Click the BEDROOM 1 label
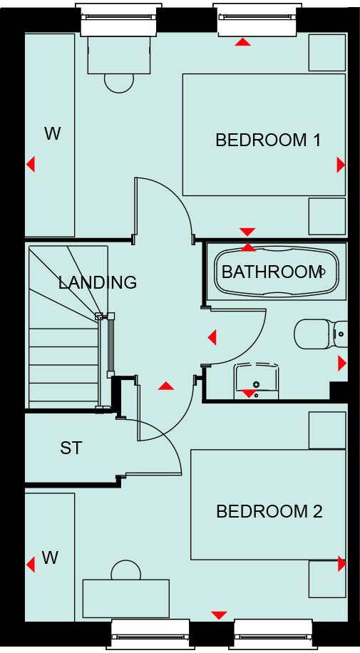(x=268, y=140)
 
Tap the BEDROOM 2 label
(x=269, y=511)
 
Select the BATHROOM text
(x=272, y=272)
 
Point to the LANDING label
(x=98, y=282)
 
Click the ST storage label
(x=71, y=448)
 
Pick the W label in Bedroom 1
(x=53, y=134)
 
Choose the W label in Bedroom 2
(x=50, y=557)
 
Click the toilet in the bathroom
(x=320, y=334)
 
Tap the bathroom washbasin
(x=256, y=381)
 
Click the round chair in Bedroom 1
(x=119, y=83)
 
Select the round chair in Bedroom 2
(x=126, y=570)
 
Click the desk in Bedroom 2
(x=126, y=598)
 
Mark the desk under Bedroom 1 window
(x=119, y=55)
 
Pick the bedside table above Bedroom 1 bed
(x=327, y=53)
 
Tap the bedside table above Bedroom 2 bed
(x=327, y=431)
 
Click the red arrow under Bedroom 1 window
(x=242, y=41)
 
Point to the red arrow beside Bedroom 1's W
(x=31, y=164)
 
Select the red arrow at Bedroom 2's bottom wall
(x=219, y=615)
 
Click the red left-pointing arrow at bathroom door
(x=212, y=337)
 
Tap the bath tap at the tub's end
(x=321, y=272)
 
